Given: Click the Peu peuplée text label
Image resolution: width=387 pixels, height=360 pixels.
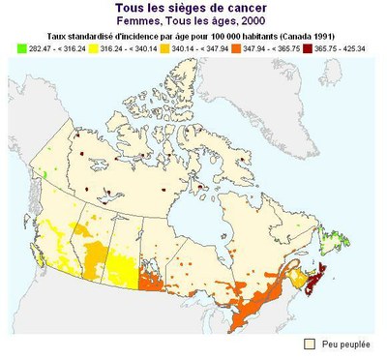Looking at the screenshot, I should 346,344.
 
